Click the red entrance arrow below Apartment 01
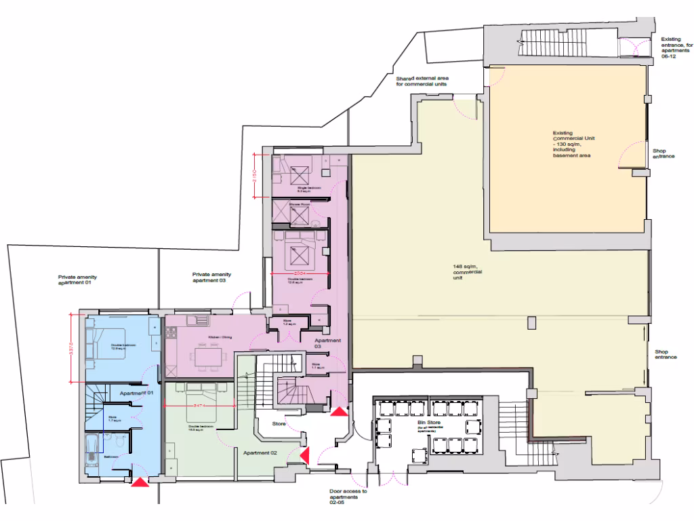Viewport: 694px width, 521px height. [x=140, y=482]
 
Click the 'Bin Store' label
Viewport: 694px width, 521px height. [x=426, y=425]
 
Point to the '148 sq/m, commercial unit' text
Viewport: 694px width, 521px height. [x=467, y=272]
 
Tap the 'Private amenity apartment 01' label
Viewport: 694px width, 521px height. [x=74, y=279]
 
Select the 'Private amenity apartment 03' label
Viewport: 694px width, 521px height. [x=211, y=277]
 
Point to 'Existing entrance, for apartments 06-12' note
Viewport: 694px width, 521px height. [x=675, y=48]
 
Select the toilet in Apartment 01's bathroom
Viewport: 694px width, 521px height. [x=118, y=443]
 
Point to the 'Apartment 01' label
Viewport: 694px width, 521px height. [x=138, y=393]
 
